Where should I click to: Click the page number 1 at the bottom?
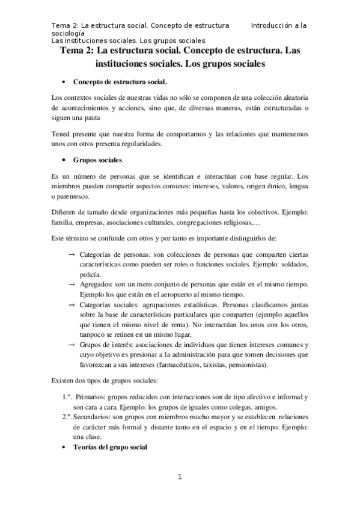coord(179,478)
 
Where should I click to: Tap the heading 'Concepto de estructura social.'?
coord(120,81)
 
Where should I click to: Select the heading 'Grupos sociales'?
coord(97,161)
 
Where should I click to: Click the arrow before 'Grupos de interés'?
coord(72,344)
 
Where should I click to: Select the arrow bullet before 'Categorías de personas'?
coord(72,253)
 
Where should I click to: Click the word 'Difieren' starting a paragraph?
coord(66,212)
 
